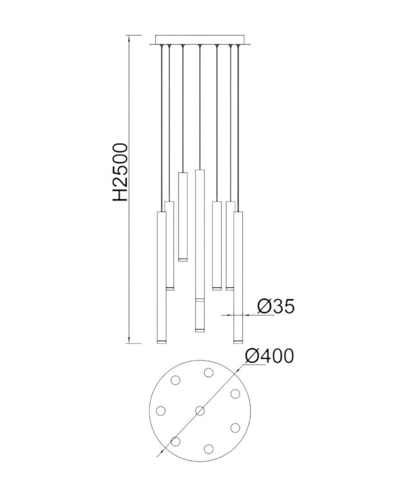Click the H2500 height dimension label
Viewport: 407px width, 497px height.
pyautogui.click(x=120, y=172)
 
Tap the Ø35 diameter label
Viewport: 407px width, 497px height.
pyautogui.click(x=276, y=306)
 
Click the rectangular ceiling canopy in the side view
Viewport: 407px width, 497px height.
pyautogui.click(x=200, y=40)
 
